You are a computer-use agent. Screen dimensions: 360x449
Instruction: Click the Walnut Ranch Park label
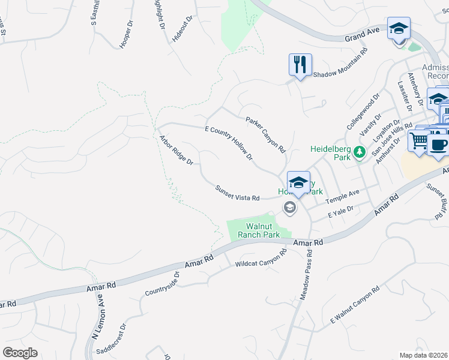point(259,230)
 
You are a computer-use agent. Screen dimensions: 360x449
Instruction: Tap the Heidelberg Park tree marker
point(360,153)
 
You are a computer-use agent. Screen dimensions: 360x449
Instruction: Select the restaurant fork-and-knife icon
point(300,64)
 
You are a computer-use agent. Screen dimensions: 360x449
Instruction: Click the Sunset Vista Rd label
point(237,194)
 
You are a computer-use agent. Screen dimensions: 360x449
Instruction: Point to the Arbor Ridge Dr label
point(176,150)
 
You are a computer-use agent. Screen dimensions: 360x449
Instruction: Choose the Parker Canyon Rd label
point(265,135)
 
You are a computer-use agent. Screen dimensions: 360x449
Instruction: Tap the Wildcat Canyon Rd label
point(262,258)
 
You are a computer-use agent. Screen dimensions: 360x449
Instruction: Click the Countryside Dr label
point(162,286)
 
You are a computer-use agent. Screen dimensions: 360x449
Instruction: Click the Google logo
point(20,353)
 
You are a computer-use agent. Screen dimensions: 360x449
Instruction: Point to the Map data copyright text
point(423,355)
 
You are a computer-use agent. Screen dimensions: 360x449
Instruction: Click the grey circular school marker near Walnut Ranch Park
point(290,208)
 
